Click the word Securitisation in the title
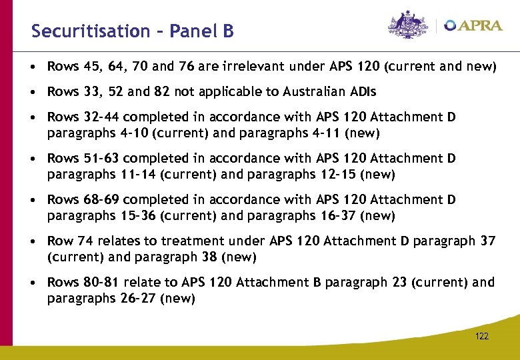click(x=91, y=31)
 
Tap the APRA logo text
click(x=475, y=25)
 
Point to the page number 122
click(x=482, y=336)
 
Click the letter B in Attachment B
click(x=316, y=283)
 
